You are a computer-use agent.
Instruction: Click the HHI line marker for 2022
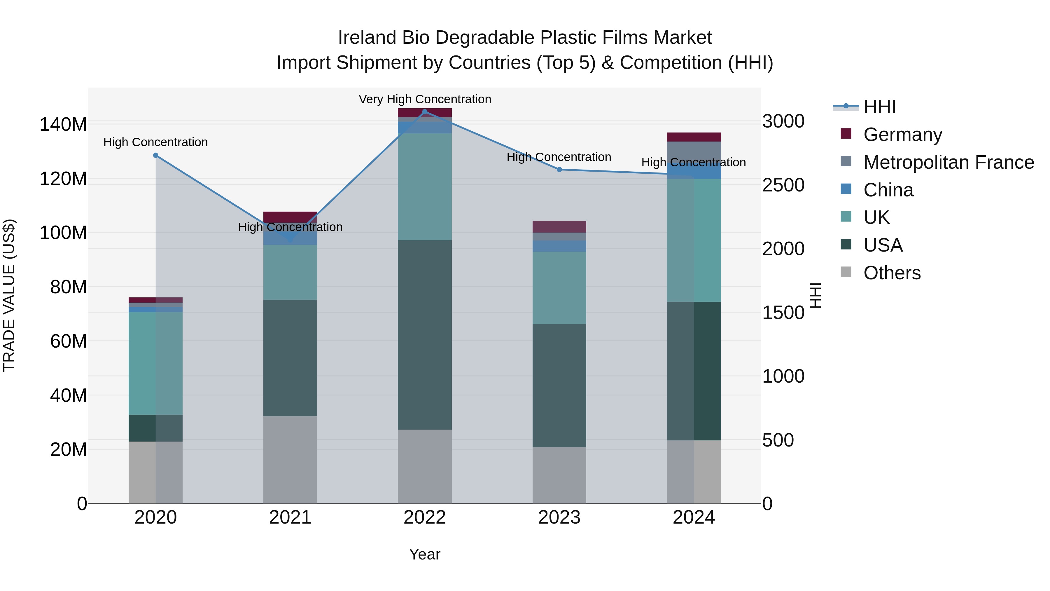tap(425, 112)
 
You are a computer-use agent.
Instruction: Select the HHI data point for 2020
tap(156, 155)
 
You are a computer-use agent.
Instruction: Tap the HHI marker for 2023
tap(559, 170)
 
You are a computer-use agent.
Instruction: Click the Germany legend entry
tap(902, 135)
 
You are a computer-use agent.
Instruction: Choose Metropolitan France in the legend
tap(948, 162)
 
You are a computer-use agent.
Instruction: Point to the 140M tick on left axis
tap(63, 124)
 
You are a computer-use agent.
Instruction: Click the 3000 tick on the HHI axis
tap(783, 121)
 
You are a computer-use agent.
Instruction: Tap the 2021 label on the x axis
tap(290, 517)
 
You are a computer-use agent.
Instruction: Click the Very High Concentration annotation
tap(425, 99)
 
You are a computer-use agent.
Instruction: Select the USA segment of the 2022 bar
tap(425, 334)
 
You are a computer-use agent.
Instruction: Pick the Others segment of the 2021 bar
tap(290, 460)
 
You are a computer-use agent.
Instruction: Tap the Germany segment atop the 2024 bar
tap(694, 137)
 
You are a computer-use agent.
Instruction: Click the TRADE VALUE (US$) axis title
tap(9, 295)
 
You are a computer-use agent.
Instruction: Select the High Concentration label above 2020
tap(156, 142)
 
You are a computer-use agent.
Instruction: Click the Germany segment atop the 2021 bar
tap(290, 216)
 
